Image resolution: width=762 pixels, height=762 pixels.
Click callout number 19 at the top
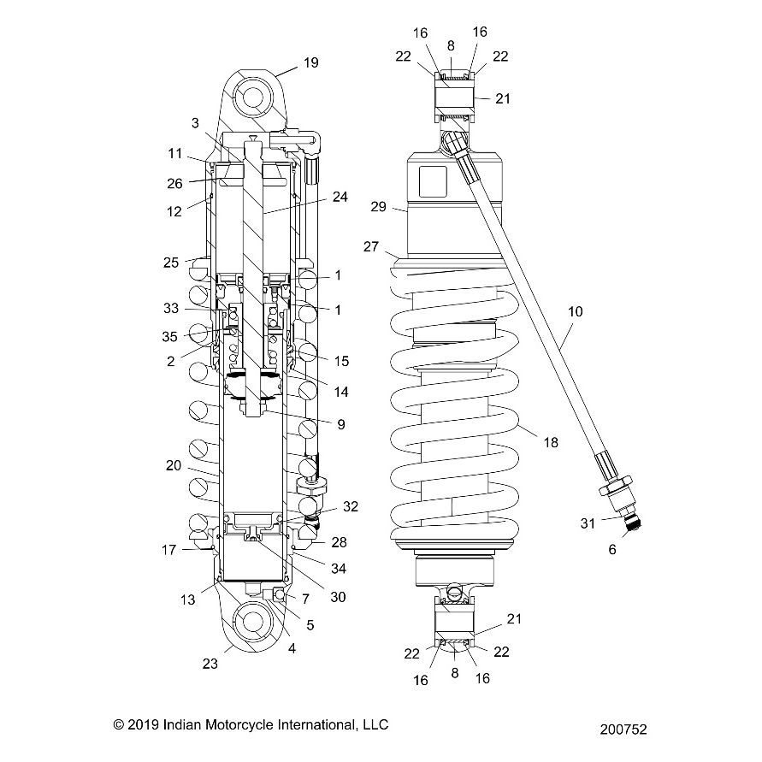coord(310,62)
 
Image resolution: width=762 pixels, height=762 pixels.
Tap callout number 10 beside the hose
coord(575,312)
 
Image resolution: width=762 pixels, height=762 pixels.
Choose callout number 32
coord(351,505)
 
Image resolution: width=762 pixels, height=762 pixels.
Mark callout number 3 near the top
coord(195,123)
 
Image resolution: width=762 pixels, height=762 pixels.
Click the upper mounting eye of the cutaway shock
coord(256,96)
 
